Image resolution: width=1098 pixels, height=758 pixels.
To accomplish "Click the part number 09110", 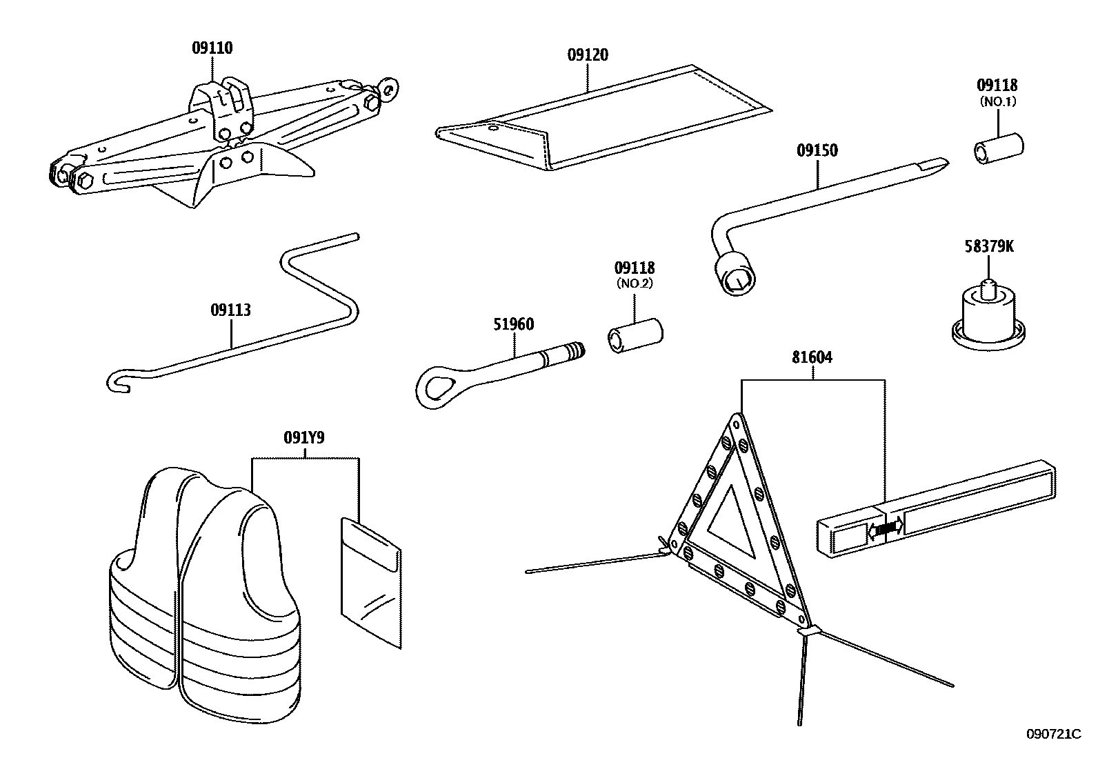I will [x=212, y=48].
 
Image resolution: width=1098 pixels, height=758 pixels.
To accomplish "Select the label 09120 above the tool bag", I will [x=588, y=55].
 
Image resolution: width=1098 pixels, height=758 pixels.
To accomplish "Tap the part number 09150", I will [x=817, y=150].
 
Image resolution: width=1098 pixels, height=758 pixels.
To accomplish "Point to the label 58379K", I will [x=989, y=247].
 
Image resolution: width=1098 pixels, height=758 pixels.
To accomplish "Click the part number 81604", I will [x=812, y=357].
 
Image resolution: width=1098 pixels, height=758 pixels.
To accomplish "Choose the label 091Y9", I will [x=304, y=437].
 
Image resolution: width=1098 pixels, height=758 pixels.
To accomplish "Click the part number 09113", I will [x=230, y=310].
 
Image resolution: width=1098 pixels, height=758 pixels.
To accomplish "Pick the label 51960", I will [x=514, y=324].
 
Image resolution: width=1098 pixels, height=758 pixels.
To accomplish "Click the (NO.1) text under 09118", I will [x=997, y=102].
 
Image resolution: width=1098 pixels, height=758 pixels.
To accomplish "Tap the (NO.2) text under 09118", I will [x=635, y=283].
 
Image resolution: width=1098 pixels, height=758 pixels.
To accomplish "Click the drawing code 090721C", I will [x=1053, y=734].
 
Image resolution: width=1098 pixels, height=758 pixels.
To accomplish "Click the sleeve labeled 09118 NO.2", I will [x=635, y=335].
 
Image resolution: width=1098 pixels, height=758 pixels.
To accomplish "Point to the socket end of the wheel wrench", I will [x=737, y=275].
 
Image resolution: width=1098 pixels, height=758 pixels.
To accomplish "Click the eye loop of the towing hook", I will [x=436, y=387].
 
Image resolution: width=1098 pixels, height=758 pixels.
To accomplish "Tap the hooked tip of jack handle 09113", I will [x=119, y=382].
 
